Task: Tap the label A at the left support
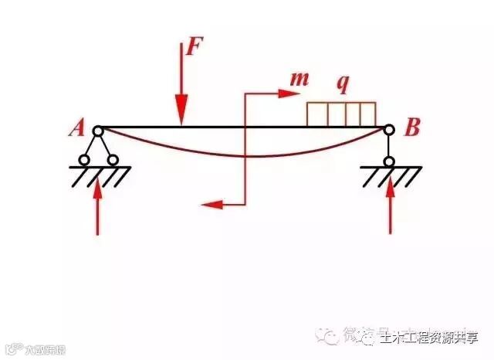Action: (76, 128)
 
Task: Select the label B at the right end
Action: (412, 128)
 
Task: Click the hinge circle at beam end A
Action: (98, 131)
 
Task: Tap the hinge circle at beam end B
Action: (389, 131)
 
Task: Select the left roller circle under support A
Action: (83, 161)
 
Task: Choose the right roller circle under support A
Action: (113, 161)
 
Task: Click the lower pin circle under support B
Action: (390, 161)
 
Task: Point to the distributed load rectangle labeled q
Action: (341, 114)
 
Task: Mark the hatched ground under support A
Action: (99, 175)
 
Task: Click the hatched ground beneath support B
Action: (391, 175)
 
